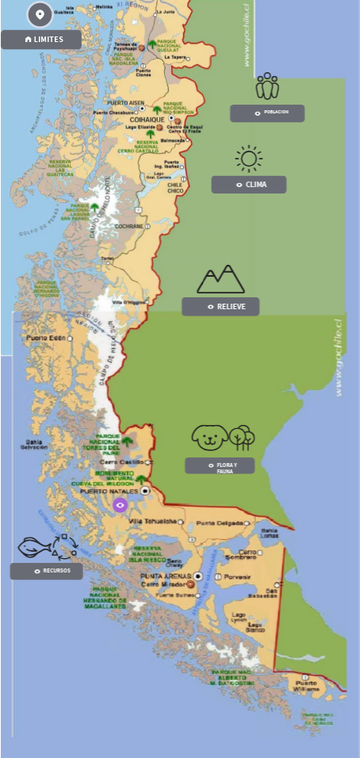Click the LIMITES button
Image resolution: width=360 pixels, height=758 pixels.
click(x=41, y=39)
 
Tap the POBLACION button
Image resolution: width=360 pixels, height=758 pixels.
click(x=267, y=113)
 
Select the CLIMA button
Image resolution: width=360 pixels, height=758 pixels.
click(x=248, y=185)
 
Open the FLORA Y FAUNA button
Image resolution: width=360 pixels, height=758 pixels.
click(x=220, y=465)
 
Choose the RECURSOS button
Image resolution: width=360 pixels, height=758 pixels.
click(x=46, y=571)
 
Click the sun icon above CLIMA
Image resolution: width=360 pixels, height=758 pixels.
click(x=249, y=159)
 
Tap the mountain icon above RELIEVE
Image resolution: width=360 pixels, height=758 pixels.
click(x=220, y=279)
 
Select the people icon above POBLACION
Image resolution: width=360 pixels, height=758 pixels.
click(x=267, y=86)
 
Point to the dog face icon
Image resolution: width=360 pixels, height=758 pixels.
click(x=209, y=437)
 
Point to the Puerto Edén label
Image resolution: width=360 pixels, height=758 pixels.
click(x=45, y=338)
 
